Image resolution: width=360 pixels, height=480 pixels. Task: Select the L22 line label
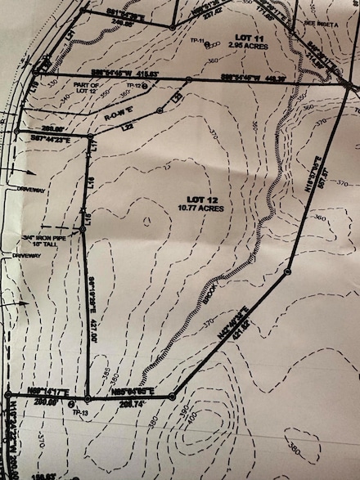128,128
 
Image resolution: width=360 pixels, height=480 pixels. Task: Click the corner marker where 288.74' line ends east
173,397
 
